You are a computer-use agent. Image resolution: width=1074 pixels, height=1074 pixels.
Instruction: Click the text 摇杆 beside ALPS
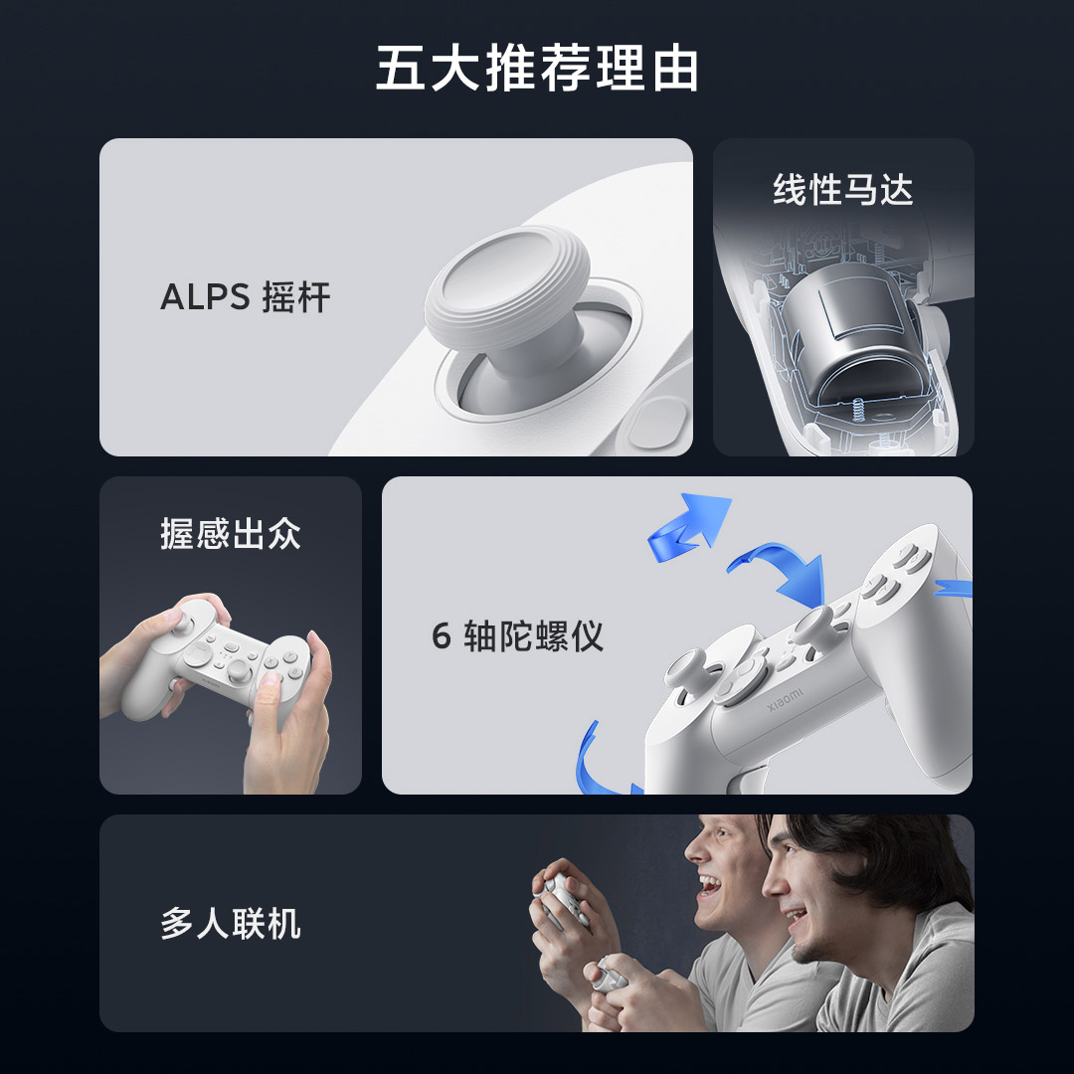296,297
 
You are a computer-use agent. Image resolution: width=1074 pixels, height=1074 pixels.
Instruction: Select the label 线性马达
842,189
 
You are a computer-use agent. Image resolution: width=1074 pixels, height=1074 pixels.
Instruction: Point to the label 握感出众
230,534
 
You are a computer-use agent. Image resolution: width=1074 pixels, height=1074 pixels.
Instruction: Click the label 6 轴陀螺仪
518,635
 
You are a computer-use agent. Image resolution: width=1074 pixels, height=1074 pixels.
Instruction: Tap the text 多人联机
230,924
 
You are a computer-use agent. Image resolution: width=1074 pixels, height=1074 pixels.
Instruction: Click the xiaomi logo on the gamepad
786,696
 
